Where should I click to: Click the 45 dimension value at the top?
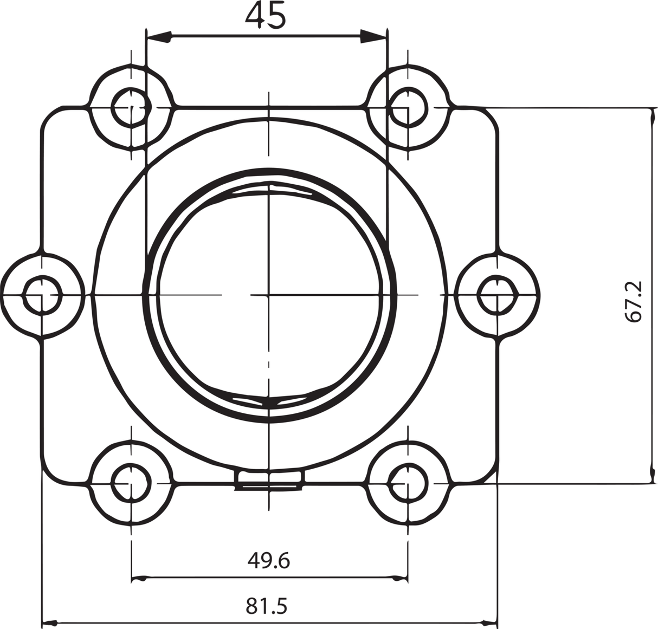click(x=266, y=15)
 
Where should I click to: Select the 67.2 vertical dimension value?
click(x=634, y=301)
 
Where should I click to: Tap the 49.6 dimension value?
click(x=268, y=560)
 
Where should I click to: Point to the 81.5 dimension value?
click(x=266, y=606)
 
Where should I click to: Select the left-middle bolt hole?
click(x=41, y=295)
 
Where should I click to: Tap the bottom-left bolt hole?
click(x=131, y=482)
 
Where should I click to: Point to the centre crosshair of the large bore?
click(x=268, y=295)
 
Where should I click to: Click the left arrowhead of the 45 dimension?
click(x=158, y=37)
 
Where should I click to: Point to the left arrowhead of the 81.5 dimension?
click(x=52, y=621)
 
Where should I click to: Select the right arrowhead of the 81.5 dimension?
click(x=487, y=621)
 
